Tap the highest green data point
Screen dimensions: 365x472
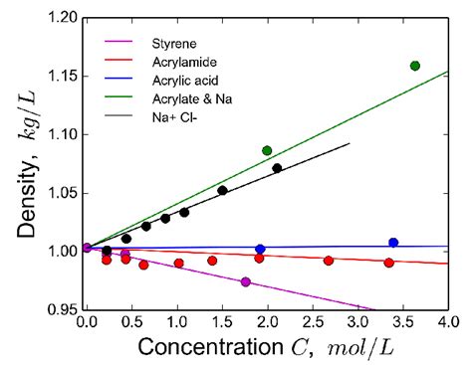coord(414,66)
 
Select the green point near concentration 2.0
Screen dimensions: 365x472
coord(267,150)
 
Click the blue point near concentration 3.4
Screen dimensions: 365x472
coord(393,243)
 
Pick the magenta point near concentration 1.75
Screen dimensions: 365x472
coord(246,282)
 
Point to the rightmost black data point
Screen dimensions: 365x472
coord(277,168)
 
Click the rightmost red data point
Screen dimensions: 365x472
coord(388,263)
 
